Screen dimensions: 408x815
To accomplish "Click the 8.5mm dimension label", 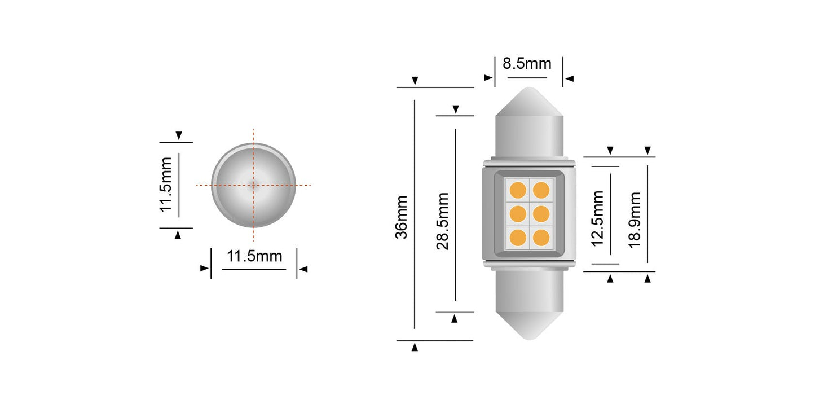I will pos(527,63).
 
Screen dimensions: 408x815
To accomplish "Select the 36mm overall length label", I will pos(402,217).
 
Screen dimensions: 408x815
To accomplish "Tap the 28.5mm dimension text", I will pos(443,221).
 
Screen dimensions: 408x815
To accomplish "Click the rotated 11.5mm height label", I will pos(166,185).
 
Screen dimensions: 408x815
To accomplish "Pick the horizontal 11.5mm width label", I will pos(254,256).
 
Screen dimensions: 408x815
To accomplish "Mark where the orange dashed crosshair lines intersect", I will pos(253,185).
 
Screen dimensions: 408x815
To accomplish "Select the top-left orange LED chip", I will pos(517,190).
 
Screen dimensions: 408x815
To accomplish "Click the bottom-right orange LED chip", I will pos(541,238).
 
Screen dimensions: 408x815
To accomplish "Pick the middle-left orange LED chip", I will pos(517,213).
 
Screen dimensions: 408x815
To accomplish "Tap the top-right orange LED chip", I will pos(541,190).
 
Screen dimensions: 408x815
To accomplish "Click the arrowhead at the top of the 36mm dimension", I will pos(415,81).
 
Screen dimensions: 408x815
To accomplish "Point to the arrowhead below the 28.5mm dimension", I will pos(455,319).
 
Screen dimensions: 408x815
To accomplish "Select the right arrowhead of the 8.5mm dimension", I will pos(570,78).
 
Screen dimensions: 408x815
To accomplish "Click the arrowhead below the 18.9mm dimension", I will pos(649,278).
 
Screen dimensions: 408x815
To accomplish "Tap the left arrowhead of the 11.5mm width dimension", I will pos(204,269).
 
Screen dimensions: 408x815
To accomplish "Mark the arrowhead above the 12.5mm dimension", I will pos(610,151).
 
